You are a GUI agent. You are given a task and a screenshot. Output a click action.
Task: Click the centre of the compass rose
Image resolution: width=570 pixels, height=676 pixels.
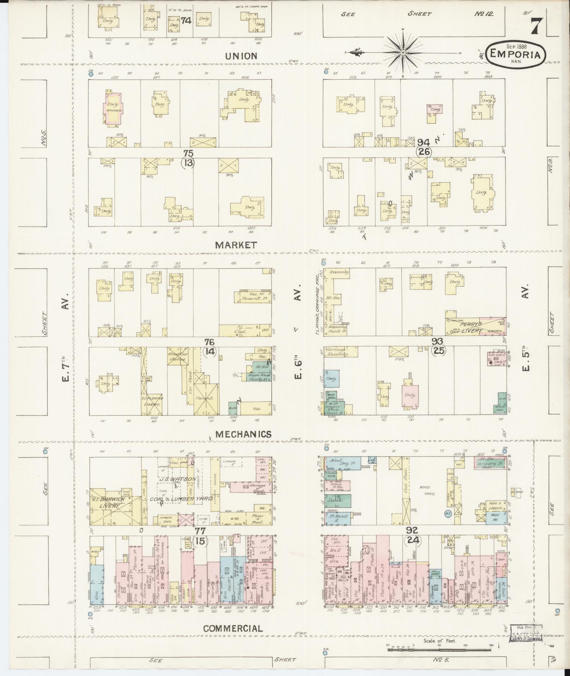click(402, 53)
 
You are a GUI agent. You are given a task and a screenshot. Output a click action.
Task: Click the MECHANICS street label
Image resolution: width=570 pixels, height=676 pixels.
click(243, 434)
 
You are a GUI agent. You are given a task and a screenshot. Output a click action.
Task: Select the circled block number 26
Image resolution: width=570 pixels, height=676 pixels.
click(423, 152)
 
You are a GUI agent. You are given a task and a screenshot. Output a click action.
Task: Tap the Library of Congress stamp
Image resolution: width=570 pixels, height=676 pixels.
click(523, 634)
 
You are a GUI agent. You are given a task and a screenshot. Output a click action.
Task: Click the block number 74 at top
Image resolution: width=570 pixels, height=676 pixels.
click(186, 21)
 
